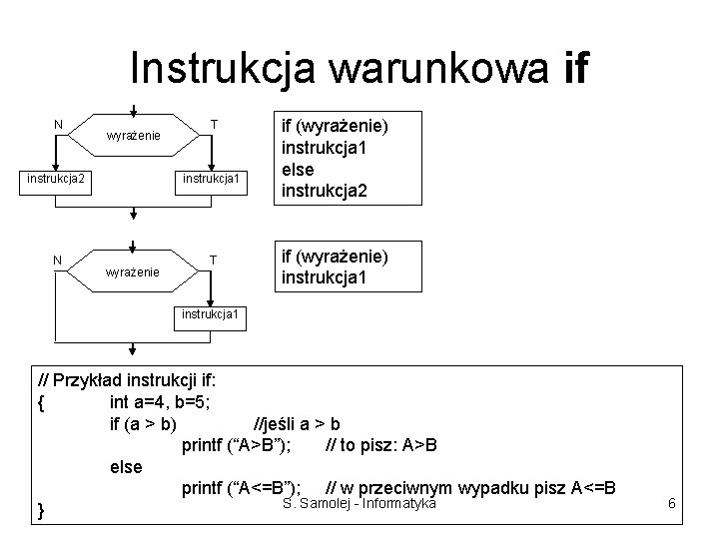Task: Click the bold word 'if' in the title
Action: point(576,69)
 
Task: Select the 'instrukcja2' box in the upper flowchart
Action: point(56,180)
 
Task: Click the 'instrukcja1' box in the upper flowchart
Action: point(209,180)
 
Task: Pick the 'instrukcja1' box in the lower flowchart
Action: point(209,313)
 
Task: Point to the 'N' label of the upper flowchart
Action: point(58,125)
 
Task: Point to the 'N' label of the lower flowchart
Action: point(58,261)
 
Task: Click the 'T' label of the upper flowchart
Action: point(211,125)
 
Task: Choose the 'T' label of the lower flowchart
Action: point(211,261)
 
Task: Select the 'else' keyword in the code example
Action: point(126,466)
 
